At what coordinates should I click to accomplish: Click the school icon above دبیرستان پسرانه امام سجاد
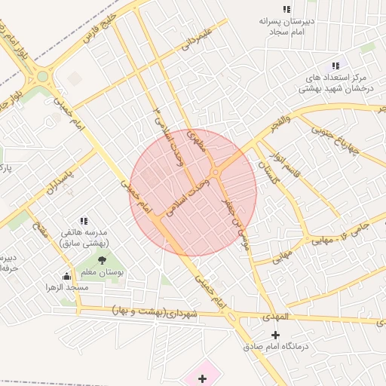click(286, 9)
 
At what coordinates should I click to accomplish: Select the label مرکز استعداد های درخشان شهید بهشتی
click(335, 83)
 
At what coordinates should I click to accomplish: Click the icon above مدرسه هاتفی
click(83, 221)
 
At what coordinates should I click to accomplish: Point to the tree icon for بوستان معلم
click(102, 261)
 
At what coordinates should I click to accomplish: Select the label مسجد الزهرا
click(66, 287)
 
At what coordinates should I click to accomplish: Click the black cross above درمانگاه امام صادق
click(275, 335)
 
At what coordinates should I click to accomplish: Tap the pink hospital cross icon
click(201, 378)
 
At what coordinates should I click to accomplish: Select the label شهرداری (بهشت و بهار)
click(154, 311)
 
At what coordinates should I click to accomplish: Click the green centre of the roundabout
click(42, 76)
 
